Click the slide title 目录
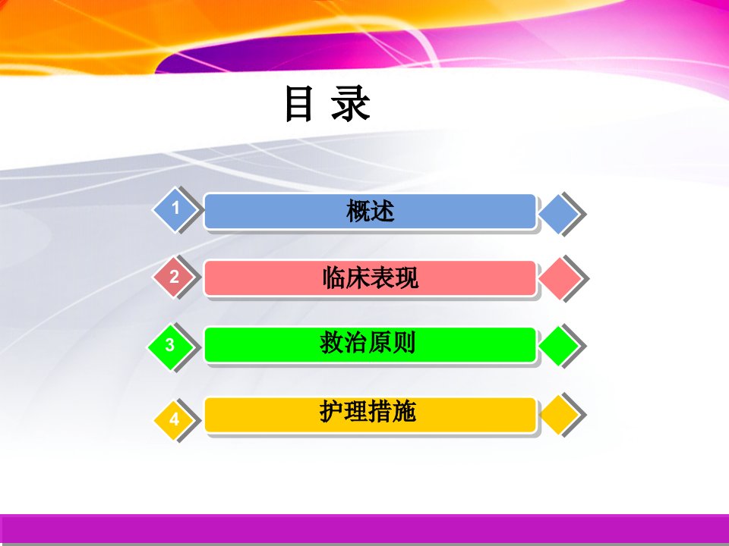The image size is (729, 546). [328, 103]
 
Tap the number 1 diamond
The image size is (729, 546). [175, 209]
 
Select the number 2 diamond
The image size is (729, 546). [174, 277]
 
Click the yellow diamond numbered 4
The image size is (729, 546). [174, 419]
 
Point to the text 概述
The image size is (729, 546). [370, 212]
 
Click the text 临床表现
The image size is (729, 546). [370, 278]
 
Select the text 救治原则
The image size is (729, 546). [368, 343]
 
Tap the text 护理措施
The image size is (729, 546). [368, 411]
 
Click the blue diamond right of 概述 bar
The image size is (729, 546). [559, 214]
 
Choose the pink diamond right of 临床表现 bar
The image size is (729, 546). [560, 278]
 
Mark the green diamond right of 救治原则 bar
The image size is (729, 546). [559, 346]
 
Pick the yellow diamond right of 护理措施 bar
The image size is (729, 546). [559, 415]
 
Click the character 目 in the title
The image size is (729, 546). [298, 104]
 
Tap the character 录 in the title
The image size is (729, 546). [351, 104]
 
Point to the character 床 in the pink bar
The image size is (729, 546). [358, 278]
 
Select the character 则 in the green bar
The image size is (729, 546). [403, 343]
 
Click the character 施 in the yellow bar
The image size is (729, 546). [403, 411]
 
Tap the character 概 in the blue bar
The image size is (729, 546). [358, 212]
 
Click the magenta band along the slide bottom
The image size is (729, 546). [364, 529]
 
